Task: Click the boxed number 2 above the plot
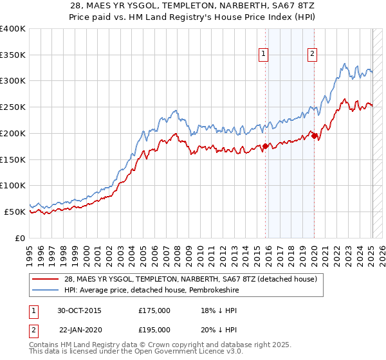[x=312, y=55]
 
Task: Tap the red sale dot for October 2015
[x=265, y=146]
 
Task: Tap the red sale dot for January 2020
[x=314, y=135]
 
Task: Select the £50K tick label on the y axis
[x=15, y=212]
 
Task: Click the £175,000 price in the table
[x=155, y=310]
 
